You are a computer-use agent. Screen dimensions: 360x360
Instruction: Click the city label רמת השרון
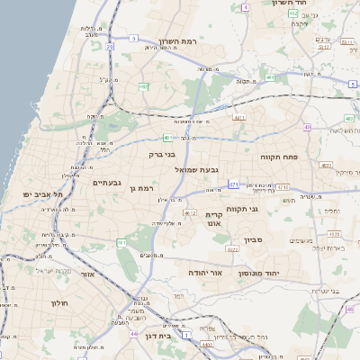point(177,41)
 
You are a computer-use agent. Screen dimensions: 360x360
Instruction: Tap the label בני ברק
point(163,154)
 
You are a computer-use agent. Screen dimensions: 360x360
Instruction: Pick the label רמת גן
point(143,188)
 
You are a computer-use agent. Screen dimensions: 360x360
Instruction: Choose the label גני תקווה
point(268,209)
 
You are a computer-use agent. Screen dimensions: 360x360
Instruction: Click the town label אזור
point(87,274)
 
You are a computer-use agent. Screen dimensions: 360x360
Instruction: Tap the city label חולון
point(61,302)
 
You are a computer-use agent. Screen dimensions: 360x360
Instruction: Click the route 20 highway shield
point(143,86)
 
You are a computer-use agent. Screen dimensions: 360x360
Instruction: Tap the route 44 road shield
point(133,334)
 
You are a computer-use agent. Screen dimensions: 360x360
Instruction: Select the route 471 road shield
point(233,184)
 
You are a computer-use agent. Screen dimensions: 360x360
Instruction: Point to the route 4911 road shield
point(239,117)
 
